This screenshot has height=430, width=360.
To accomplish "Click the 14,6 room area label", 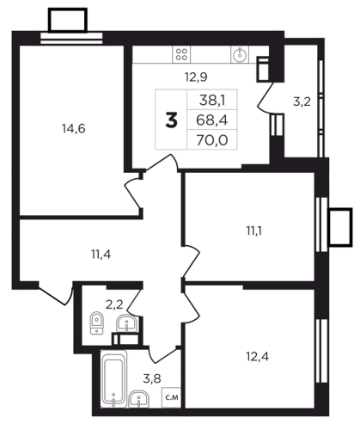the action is tap(74, 129).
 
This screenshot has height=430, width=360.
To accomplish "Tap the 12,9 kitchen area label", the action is tap(196, 77).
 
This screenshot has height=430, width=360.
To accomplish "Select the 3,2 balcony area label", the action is tap(302, 101).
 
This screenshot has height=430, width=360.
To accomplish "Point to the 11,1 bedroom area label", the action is tap(254, 230).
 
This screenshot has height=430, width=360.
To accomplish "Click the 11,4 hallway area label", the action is tap(101, 254).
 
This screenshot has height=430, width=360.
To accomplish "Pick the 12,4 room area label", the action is tap(257, 357).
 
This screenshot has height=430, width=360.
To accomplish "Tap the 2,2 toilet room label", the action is tap(114, 304).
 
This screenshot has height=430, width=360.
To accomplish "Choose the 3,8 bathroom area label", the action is tap(152, 378).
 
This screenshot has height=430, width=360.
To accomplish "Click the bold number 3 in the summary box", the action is tap(171, 120).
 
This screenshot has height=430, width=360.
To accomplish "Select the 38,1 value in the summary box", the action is tap(212, 101).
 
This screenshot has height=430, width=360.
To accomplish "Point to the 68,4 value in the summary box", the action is tap(212, 120).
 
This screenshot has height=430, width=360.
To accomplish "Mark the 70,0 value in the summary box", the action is tap(212, 140).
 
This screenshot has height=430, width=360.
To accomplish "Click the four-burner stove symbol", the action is tap(181, 54).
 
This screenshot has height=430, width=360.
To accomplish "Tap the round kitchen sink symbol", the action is tap(239, 55).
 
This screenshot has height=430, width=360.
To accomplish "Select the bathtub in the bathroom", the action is tap(114, 379).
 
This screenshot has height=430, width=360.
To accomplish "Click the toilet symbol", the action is tap(97, 323).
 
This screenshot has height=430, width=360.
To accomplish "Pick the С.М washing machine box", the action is tap(172, 397).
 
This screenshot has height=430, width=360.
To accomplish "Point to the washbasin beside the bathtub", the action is tap(139, 399).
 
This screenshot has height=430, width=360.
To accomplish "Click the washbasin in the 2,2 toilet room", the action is tap(127, 323).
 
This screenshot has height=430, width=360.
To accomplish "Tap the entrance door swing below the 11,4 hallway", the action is tap(56, 294).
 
